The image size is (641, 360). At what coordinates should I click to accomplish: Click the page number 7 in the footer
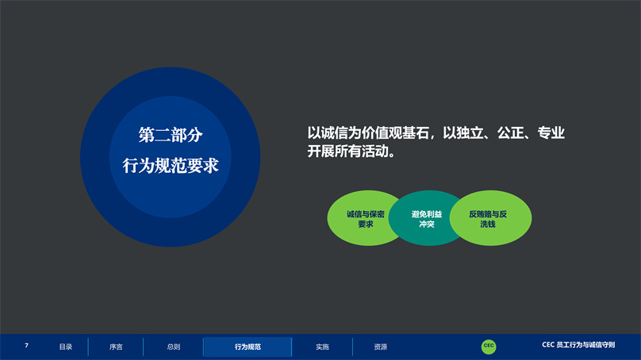(26, 346)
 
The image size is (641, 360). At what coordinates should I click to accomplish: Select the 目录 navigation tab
(66, 347)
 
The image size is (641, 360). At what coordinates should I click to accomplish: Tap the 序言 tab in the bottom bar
(116, 347)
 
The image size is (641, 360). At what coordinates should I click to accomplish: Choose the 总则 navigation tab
(174, 347)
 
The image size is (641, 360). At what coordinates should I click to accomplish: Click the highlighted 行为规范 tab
(248, 347)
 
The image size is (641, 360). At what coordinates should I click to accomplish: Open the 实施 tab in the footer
(323, 347)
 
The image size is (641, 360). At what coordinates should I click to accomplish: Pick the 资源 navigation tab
(381, 347)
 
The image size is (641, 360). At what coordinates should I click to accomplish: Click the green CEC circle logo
(489, 347)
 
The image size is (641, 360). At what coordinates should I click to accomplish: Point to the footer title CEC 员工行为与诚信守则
(578, 345)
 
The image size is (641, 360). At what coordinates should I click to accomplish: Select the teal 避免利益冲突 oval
(427, 218)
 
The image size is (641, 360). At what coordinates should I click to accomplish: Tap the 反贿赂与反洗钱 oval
(490, 218)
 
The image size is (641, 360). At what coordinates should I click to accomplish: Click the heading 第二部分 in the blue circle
(171, 136)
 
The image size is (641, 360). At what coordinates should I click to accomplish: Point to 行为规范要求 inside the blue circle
(171, 166)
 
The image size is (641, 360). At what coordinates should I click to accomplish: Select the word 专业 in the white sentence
(551, 132)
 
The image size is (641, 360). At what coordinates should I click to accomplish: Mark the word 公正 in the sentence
(511, 132)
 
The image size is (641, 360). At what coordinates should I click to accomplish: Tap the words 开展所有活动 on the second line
(348, 151)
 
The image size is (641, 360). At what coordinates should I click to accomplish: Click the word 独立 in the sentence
(470, 132)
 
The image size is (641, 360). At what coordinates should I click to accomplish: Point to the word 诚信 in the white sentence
(335, 132)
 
